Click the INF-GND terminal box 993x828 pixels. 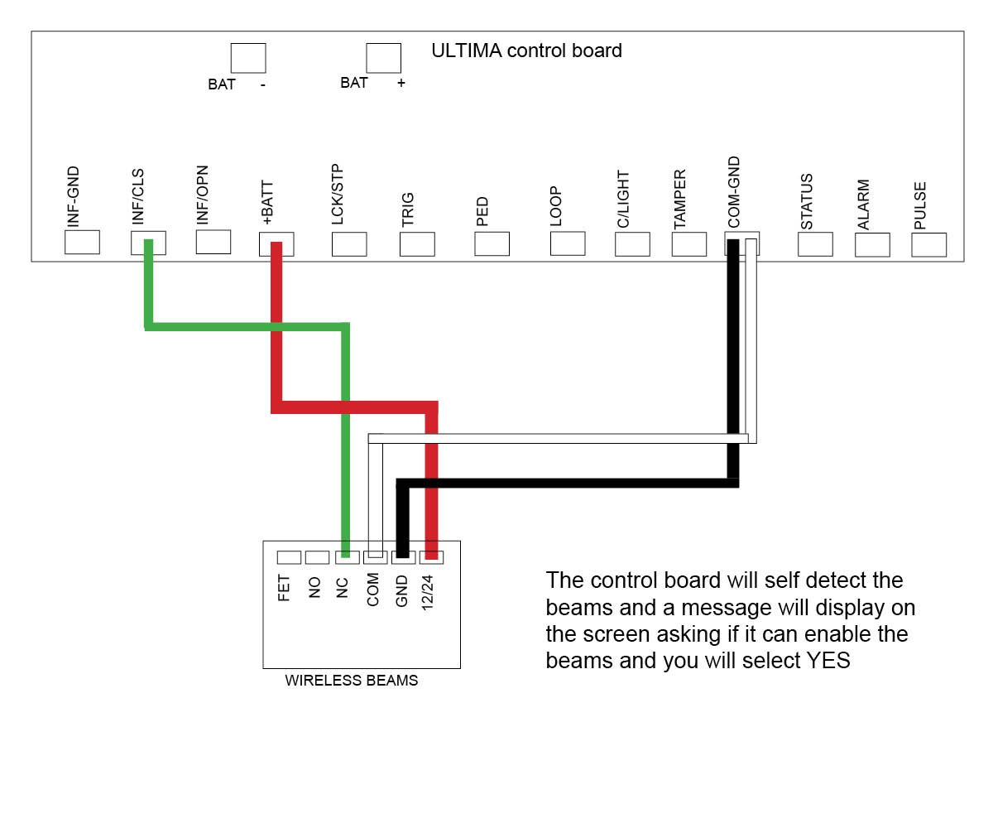click(x=82, y=242)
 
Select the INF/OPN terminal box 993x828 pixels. click(x=213, y=242)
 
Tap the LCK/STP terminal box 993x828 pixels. click(x=349, y=243)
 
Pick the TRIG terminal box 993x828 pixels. click(x=417, y=243)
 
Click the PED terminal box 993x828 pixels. click(x=492, y=243)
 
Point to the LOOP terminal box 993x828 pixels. click(x=567, y=243)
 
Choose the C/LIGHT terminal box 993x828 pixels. click(x=632, y=244)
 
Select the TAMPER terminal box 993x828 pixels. click(x=689, y=244)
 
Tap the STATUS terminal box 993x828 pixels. click(x=815, y=244)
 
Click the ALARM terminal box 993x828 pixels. click(x=872, y=244)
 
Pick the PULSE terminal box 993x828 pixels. click(x=928, y=244)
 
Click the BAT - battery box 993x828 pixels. click(x=248, y=58)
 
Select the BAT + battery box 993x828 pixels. click(x=384, y=58)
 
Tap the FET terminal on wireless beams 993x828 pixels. click(x=289, y=557)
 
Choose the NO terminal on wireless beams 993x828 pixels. click(x=317, y=557)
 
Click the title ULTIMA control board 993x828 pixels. click(x=526, y=51)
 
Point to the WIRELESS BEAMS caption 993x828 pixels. click(x=352, y=681)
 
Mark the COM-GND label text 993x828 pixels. click(x=734, y=192)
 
